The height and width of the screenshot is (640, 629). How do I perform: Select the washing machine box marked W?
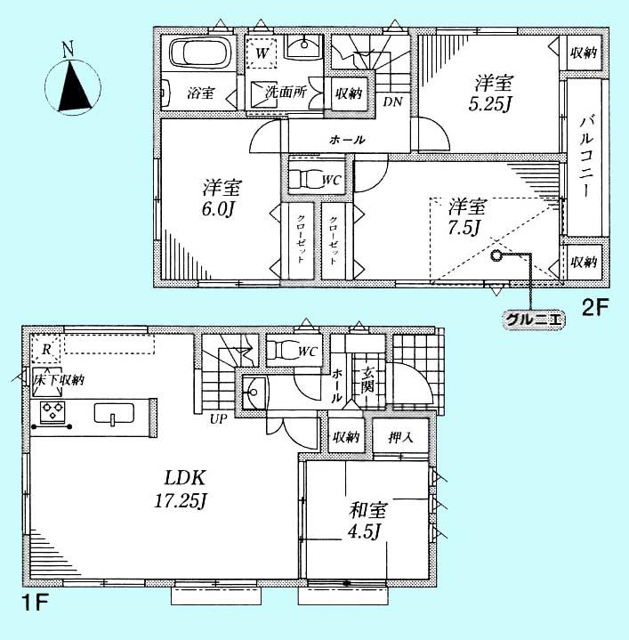click(x=262, y=54)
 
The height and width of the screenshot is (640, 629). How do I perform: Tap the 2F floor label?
click(x=594, y=309)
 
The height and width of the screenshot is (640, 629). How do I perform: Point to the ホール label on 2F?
click(x=347, y=140)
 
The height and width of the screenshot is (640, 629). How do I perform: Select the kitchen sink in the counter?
click(x=113, y=416)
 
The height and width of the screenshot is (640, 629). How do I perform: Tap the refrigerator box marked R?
click(x=45, y=348)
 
